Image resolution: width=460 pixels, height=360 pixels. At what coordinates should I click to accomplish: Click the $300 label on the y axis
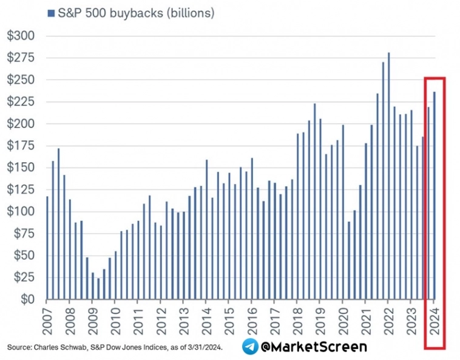point(21,36)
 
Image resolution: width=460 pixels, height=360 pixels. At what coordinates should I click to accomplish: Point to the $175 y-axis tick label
point(21,146)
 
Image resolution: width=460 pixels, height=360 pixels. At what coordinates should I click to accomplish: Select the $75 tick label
point(23,234)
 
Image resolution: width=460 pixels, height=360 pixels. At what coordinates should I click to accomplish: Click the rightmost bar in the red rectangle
point(435,195)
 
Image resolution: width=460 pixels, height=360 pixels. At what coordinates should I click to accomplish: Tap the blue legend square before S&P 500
point(50,13)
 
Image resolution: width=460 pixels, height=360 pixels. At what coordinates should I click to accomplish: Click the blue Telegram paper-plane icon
point(250,347)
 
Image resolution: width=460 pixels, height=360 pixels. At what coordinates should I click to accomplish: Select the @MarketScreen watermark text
point(314,347)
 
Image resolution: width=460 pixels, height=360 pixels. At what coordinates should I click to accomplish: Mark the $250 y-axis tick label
point(21,80)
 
